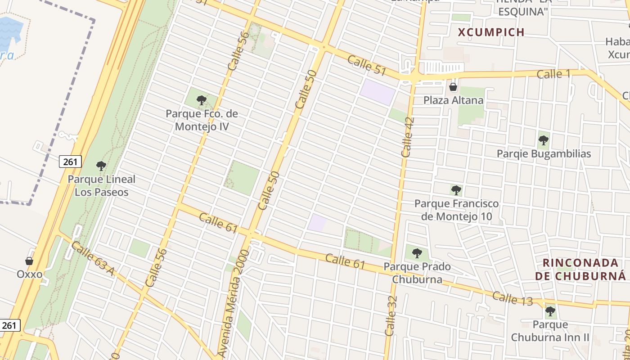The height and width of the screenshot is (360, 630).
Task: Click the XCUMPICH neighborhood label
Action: [491, 32]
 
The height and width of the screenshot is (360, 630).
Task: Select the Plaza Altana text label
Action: [453, 100]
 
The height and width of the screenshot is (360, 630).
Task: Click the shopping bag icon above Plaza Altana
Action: [453, 87]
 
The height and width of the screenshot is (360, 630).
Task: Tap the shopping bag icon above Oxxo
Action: [29, 261]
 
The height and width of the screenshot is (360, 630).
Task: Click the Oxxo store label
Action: [30, 274]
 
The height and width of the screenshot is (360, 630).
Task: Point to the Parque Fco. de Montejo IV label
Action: [202, 120]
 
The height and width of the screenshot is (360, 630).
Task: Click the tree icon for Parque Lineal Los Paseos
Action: [101, 166]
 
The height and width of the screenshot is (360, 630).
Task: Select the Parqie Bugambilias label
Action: [544, 153]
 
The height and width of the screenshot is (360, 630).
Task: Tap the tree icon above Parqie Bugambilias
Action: [544, 140]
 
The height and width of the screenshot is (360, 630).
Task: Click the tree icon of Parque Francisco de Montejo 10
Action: [456, 190]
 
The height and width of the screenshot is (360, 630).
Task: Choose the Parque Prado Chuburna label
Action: [417, 273]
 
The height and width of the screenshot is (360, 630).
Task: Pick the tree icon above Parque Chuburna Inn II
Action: [550, 311]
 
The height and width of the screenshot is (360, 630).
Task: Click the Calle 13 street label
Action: [512, 298]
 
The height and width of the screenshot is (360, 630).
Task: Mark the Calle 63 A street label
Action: [93, 258]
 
